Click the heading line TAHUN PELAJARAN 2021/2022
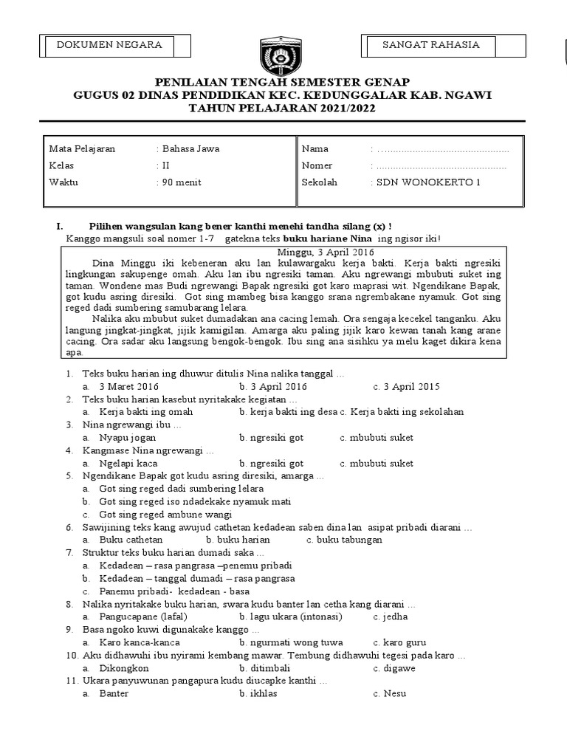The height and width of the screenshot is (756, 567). click(x=283, y=108)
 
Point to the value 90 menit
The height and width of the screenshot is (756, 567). click(x=182, y=182)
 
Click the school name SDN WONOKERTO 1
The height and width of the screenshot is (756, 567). click(x=427, y=182)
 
